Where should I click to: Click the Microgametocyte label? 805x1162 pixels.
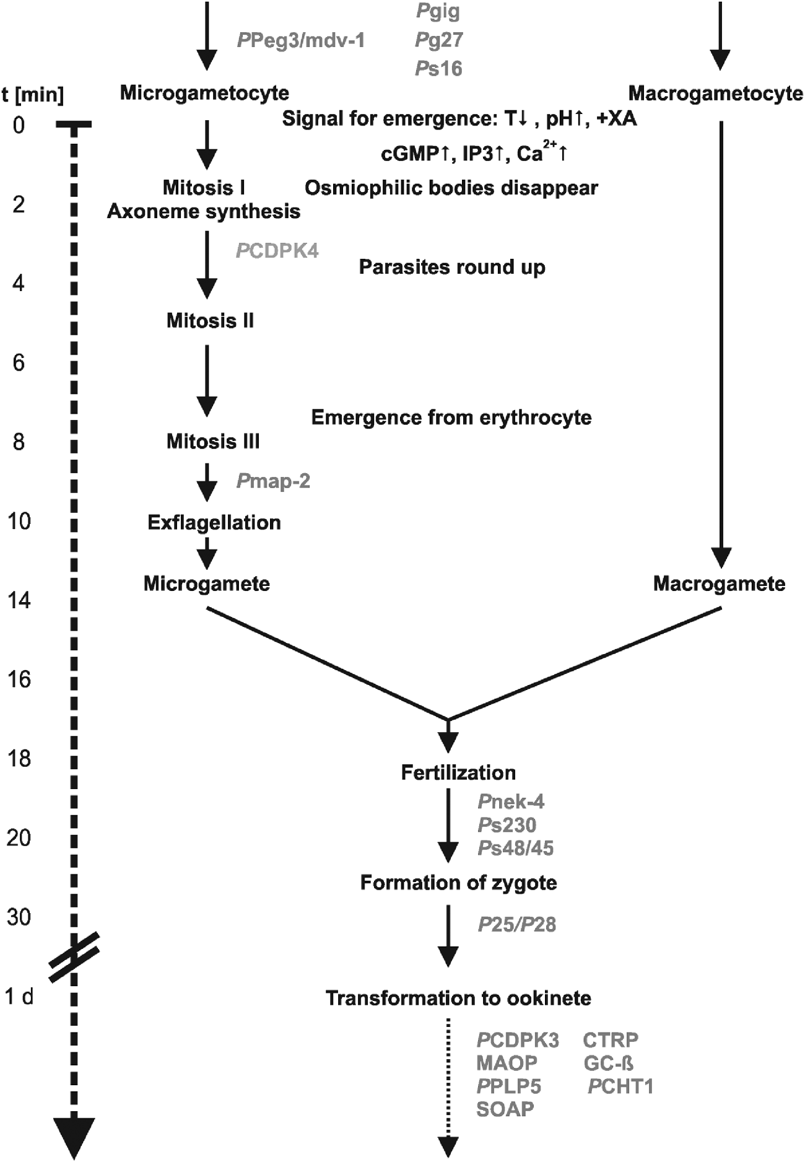204,93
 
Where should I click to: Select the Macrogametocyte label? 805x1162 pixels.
715,94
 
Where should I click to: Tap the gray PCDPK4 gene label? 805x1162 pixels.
277,251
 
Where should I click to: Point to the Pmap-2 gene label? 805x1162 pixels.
273,481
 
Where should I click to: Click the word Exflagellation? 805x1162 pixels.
214,522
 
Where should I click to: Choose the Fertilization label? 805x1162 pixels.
458,772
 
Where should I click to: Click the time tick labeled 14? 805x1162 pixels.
19,600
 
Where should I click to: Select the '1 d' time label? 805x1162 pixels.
19,997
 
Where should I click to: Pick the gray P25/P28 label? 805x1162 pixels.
517,924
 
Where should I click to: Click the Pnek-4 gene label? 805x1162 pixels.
511,802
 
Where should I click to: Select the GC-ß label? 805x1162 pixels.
608,1063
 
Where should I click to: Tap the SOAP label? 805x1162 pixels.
505,1109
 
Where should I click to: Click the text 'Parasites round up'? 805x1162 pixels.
452,267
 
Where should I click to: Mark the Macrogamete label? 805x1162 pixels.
719,583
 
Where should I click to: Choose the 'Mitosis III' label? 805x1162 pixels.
213,442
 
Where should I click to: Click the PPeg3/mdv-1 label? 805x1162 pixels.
301,40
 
